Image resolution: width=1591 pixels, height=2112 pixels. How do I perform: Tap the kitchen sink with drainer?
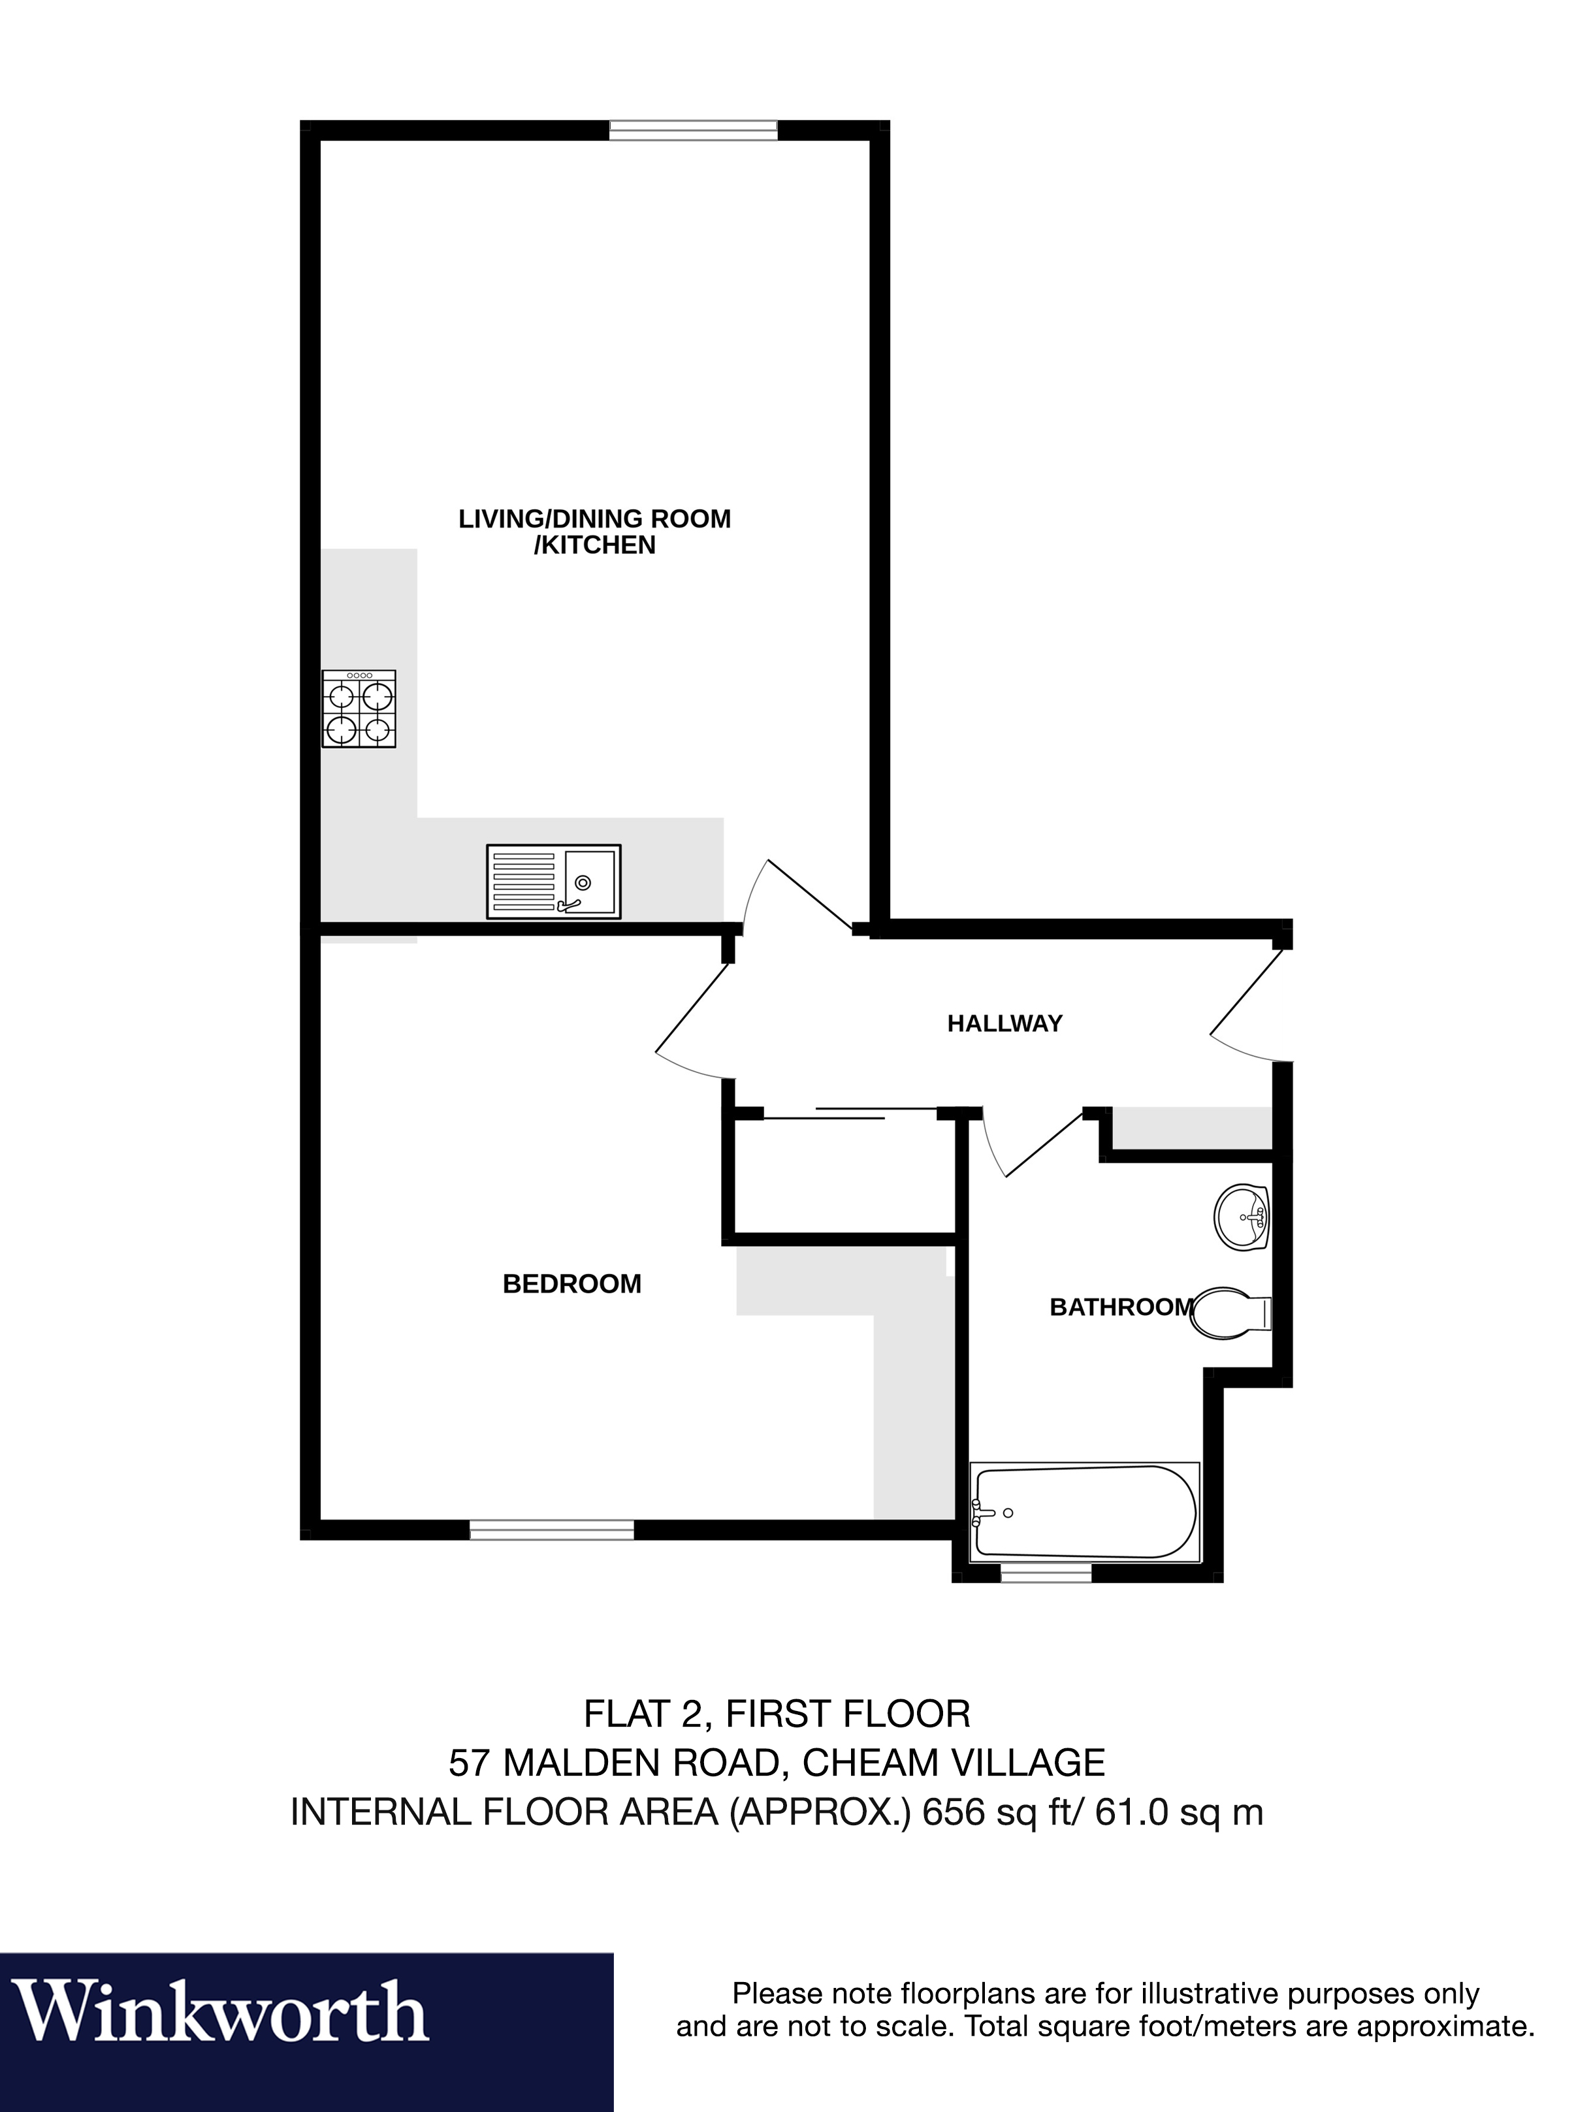tap(554, 881)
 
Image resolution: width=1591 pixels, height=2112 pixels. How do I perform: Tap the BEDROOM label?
tap(572, 1284)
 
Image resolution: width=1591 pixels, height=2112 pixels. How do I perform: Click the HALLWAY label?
tap(1004, 1023)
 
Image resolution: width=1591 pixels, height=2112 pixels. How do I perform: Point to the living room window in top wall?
tap(694, 130)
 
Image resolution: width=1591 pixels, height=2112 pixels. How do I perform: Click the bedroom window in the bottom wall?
tap(552, 1531)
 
